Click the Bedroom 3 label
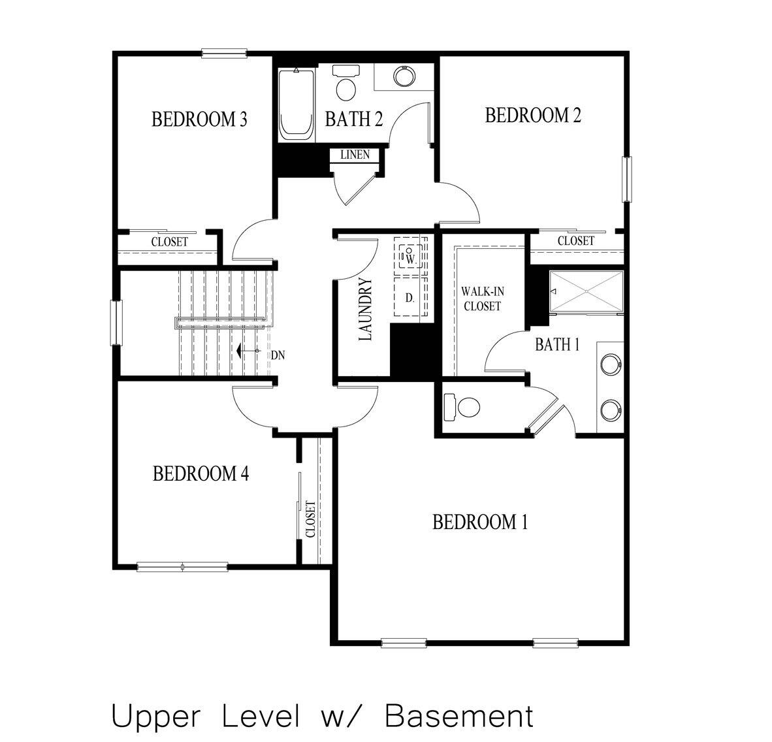199,120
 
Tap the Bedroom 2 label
533,116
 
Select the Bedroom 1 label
480,522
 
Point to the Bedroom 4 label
201,473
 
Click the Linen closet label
355,155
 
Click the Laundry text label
365,310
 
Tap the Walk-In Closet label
481,298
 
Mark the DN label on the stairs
278,355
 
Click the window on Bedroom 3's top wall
224,54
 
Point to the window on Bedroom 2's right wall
628,180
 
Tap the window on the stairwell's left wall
116,322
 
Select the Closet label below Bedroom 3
170,242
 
